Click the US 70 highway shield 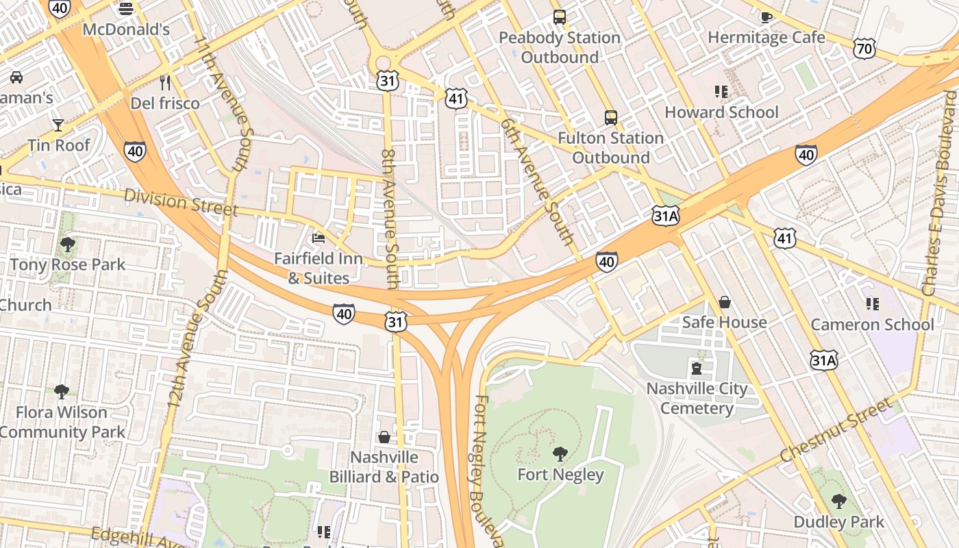[864, 48]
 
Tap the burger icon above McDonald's [125, 8]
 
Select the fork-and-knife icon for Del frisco [164, 83]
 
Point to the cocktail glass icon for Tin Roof [58, 125]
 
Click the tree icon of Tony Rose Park [67, 244]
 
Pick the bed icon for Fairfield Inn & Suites [319, 238]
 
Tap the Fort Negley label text [560, 475]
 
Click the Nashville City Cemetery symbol [697, 369]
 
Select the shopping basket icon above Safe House [724, 302]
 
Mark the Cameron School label [872, 324]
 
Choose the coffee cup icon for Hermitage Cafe [766, 17]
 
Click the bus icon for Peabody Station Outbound [560, 17]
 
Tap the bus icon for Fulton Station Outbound [610, 118]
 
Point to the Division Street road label [181, 202]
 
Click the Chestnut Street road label [837, 429]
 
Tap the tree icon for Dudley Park [838, 501]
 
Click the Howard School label [721, 112]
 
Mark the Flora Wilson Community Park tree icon [62, 392]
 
